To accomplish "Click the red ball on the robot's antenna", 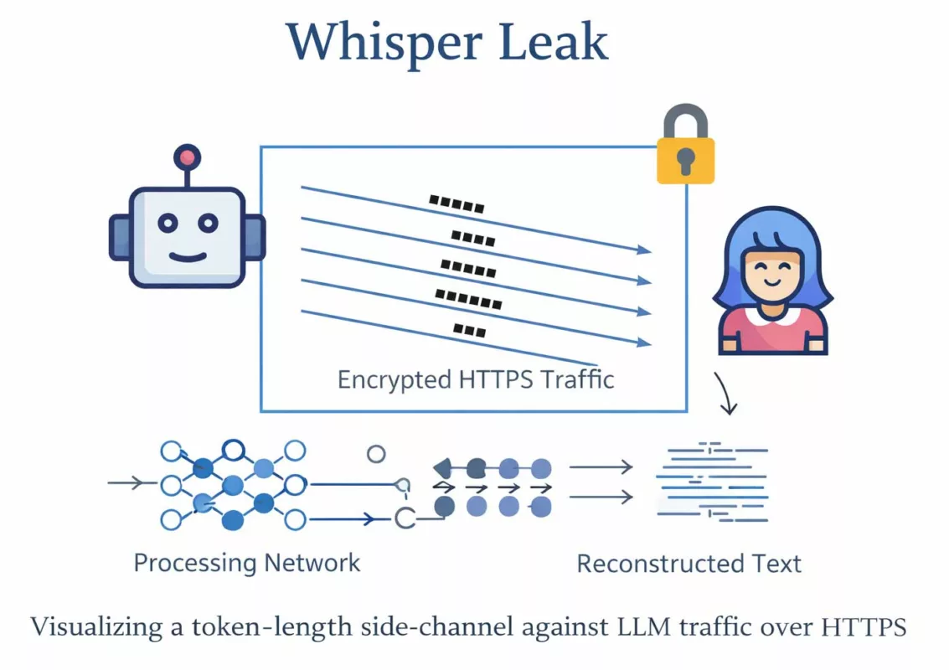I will [187, 157].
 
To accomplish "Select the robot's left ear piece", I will [119, 237].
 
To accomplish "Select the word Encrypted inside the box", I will [394, 380].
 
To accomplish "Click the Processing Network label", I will [247, 562].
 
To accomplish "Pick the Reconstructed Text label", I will [689, 564].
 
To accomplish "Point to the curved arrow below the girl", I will [725, 394].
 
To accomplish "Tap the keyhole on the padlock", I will [685, 160].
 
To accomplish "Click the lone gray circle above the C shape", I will [376, 454].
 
